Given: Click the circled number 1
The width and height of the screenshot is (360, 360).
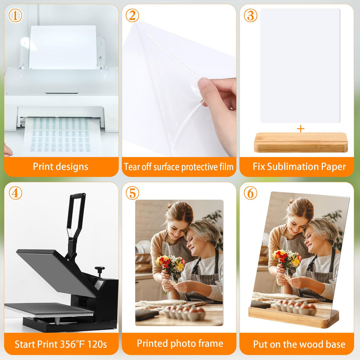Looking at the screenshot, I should (x=15, y=15).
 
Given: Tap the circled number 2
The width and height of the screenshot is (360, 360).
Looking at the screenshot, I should (x=132, y=15).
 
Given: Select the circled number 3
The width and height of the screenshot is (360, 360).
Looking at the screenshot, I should (x=251, y=15).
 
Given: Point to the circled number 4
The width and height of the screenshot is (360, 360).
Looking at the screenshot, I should (x=15, y=193).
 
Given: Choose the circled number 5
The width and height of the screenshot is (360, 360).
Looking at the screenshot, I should (x=132, y=193).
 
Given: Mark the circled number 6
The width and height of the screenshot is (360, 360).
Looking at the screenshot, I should (x=251, y=193).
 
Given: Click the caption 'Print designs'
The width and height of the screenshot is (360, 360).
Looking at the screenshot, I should (x=60, y=167).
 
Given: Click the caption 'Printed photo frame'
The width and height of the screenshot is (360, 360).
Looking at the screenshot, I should (x=180, y=343).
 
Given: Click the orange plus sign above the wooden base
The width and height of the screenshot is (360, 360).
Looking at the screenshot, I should (x=300, y=129).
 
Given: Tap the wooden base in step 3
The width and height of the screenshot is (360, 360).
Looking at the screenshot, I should (x=300, y=143).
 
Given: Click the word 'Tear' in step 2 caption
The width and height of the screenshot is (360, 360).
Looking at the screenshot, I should (x=132, y=167).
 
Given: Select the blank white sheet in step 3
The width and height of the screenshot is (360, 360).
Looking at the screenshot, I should (x=300, y=65).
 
